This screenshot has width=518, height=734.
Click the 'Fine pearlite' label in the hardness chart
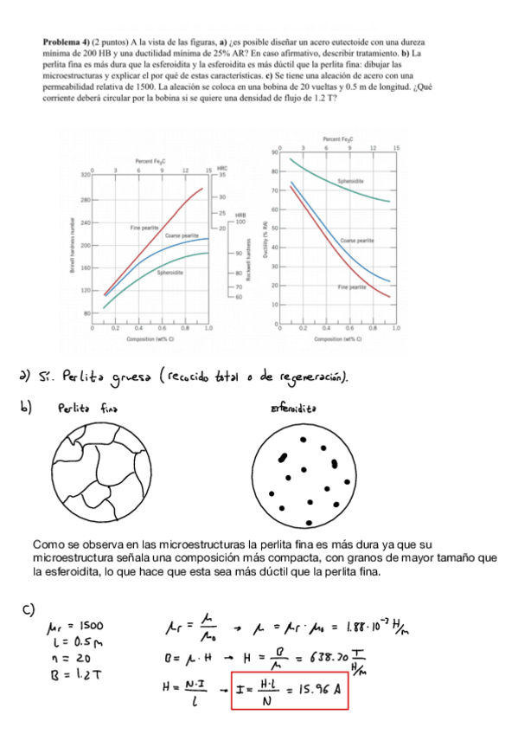click(144, 227)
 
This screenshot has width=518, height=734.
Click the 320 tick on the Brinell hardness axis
click(85, 175)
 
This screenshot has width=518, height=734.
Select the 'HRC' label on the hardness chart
click(222, 169)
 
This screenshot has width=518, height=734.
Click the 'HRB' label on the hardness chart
click(228, 216)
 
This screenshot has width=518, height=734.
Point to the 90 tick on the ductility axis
click(272, 151)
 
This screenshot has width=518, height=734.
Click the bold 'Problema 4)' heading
click(64, 42)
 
